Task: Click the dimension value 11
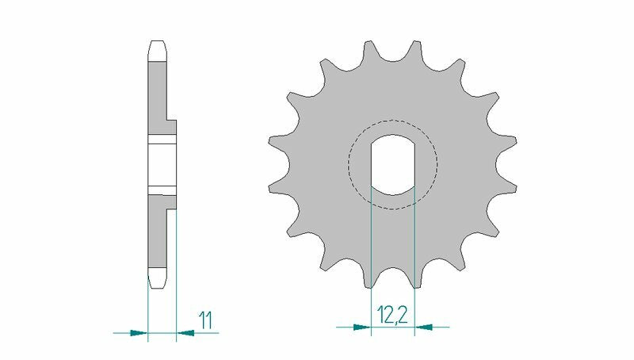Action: [x=205, y=320]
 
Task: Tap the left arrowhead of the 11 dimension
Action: [x=139, y=332]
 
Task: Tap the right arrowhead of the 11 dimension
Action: [x=184, y=332]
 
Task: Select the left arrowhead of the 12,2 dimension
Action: [x=362, y=325]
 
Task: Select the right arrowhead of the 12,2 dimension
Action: [x=424, y=325]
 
